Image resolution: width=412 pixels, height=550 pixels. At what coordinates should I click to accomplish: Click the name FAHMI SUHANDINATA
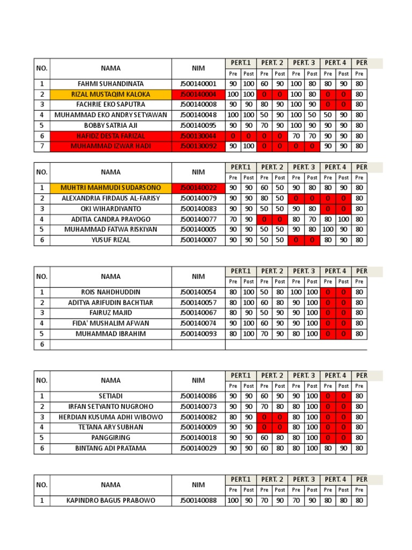click(x=111, y=84)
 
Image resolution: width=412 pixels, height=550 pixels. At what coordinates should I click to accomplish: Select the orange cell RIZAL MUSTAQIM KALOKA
click(x=111, y=94)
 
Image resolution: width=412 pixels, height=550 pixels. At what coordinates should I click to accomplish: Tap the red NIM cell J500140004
click(x=198, y=94)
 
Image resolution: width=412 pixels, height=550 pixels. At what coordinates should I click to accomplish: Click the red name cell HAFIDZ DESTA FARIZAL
click(x=111, y=136)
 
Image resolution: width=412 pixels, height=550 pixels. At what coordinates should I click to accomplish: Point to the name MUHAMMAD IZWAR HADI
click(x=111, y=146)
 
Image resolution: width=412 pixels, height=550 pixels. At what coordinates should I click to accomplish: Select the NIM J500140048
click(x=198, y=115)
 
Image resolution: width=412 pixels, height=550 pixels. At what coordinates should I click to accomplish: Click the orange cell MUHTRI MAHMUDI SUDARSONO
click(x=111, y=187)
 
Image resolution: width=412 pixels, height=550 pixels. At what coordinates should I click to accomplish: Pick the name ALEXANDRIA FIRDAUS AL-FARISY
click(x=111, y=198)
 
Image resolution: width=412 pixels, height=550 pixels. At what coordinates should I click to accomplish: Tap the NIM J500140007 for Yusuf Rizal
click(x=198, y=240)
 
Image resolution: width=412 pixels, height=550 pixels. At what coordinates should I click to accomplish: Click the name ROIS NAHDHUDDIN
click(x=111, y=292)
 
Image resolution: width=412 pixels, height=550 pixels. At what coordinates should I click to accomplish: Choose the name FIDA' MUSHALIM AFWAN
click(x=111, y=323)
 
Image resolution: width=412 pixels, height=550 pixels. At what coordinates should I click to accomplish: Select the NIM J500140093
click(x=198, y=334)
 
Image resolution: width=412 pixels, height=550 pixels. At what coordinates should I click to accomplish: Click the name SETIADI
click(x=111, y=396)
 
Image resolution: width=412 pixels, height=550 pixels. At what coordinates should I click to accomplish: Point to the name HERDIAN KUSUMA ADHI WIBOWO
click(x=111, y=417)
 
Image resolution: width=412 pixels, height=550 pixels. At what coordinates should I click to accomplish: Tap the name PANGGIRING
click(x=111, y=438)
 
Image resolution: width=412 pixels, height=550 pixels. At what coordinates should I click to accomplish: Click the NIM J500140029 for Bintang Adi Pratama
click(x=198, y=448)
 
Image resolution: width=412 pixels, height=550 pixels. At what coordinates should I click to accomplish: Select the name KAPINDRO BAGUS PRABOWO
click(x=111, y=501)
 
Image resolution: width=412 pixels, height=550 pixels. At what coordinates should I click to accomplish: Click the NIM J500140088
click(x=198, y=501)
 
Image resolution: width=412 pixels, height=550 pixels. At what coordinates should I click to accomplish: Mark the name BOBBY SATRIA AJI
click(x=111, y=125)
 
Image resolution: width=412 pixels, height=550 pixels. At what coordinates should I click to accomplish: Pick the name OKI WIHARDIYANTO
click(x=111, y=208)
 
